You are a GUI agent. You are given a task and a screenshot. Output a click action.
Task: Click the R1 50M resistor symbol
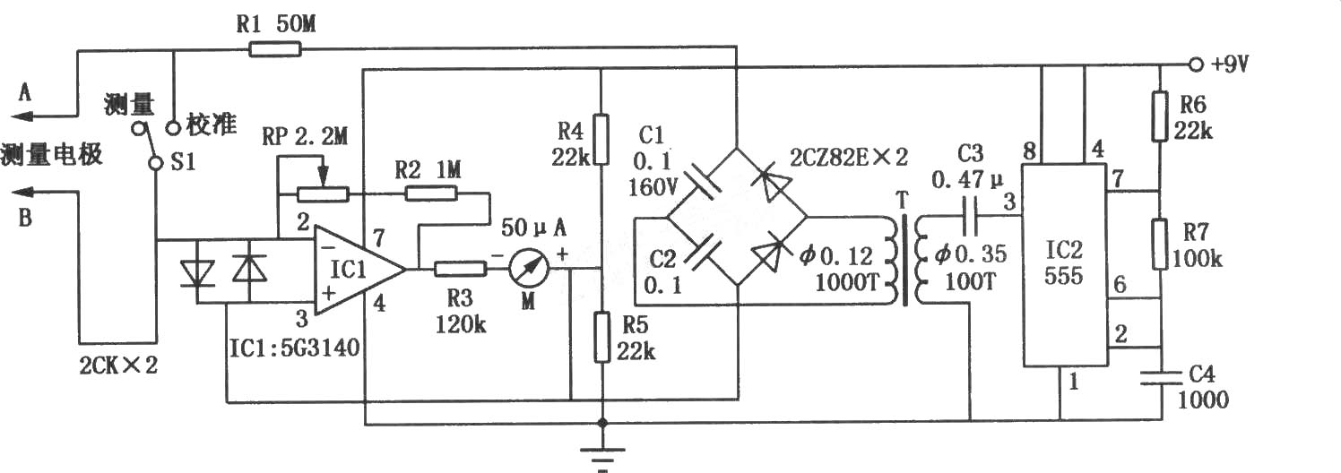(x=275, y=48)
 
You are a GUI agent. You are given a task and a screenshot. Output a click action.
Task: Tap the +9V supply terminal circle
(x=1195, y=64)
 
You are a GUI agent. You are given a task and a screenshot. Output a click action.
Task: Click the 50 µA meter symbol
(x=529, y=269)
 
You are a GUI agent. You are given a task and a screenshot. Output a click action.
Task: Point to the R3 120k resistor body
(x=459, y=269)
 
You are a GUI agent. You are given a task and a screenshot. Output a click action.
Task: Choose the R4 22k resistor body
(x=601, y=140)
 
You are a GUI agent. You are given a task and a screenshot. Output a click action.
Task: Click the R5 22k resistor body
(x=602, y=337)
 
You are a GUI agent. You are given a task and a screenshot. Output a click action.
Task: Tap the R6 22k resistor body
(x=1161, y=116)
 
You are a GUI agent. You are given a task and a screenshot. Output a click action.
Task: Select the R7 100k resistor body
(x=1161, y=245)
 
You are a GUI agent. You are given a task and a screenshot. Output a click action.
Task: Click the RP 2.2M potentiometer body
(x=323, y=193)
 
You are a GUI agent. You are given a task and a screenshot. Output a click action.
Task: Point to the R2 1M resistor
(x=431, y=193)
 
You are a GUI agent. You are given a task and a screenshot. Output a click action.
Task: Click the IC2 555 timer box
(x=1064, y=265)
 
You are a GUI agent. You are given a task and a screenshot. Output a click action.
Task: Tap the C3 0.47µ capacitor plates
(x=971, y=217)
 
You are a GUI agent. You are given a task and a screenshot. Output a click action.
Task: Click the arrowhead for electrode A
(x=22, y=116)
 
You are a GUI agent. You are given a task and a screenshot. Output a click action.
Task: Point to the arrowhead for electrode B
(x=22, y=192)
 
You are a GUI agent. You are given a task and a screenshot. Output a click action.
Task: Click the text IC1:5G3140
(x=295, y=348)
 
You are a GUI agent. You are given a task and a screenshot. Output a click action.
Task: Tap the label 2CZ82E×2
(x=849, y=158)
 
